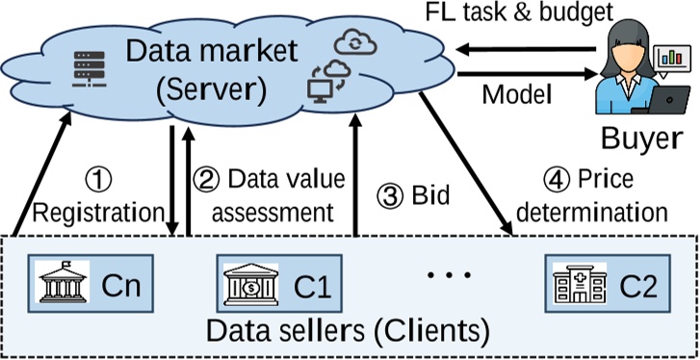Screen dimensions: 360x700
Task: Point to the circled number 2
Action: (207, 180)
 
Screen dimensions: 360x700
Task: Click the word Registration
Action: (98, 210)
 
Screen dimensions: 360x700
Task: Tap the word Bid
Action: (432, 195)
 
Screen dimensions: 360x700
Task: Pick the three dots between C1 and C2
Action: (445, 275)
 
